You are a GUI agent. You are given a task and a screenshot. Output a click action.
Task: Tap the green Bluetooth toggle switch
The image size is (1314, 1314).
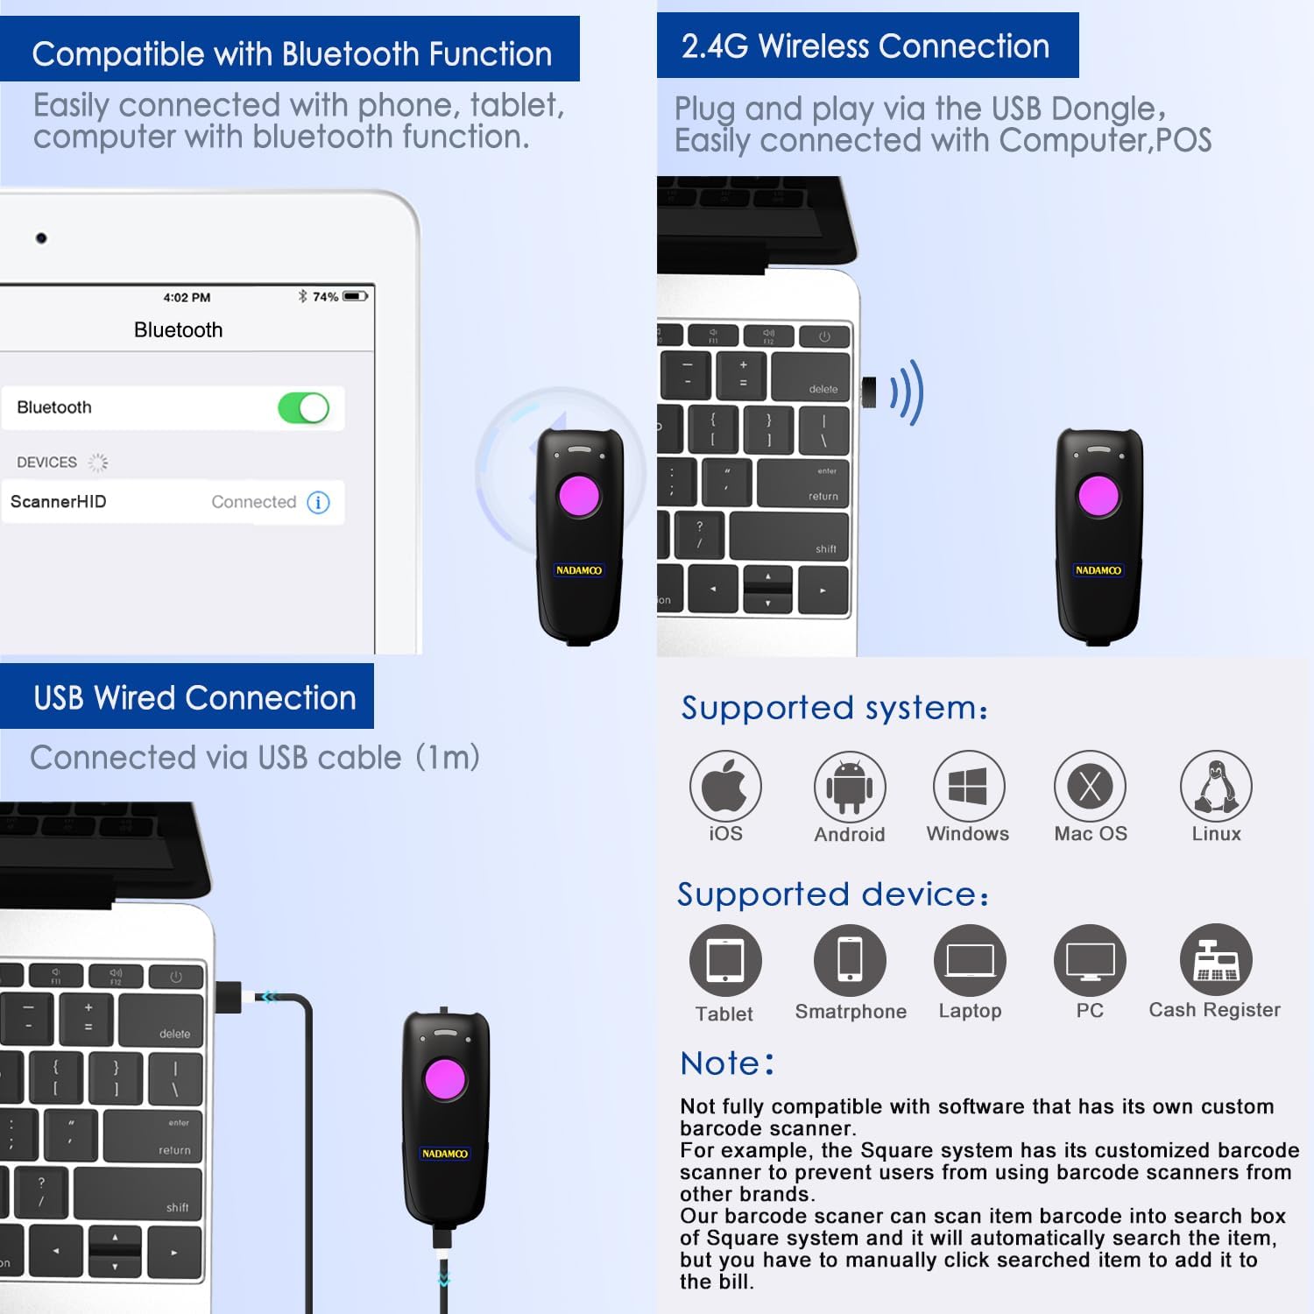pos(303,408)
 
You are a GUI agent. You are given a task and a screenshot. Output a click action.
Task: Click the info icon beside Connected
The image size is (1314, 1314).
pos(319,502)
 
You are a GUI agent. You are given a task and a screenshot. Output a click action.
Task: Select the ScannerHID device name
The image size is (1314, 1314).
pos(59,502)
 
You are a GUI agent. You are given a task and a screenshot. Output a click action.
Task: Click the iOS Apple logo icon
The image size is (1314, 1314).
pos(725,786)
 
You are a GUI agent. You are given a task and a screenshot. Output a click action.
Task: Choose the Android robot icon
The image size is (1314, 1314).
pos(849,786)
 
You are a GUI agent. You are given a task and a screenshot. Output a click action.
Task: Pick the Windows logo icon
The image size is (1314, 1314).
pos(968,786)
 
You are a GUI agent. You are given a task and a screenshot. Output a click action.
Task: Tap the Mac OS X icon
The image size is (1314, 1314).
pos(1090,786)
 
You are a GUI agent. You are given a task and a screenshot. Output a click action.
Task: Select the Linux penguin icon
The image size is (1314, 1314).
pos(1216,786)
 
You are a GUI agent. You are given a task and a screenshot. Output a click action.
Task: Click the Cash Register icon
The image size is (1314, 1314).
pos(1216,960)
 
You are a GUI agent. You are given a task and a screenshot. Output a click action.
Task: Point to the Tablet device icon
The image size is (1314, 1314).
pos(725,961)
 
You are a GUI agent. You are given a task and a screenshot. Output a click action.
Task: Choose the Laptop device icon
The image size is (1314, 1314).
pos(970,961)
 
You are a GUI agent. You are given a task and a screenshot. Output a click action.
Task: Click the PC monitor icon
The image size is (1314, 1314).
pos(1090,961)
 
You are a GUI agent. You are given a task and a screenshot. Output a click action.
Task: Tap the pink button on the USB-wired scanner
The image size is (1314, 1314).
pos(445,1079)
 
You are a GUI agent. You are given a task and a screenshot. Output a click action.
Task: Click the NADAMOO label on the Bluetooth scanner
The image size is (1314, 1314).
pos(579,570)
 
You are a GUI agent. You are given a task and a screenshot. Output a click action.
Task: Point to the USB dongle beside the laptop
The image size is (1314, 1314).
pos(869,392)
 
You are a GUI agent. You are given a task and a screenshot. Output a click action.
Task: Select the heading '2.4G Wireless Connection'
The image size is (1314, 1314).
pos(865,46)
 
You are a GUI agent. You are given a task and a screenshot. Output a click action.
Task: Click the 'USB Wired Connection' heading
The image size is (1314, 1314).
pos(194,698)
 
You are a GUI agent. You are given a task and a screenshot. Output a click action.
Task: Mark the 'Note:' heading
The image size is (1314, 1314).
pos(727,1063)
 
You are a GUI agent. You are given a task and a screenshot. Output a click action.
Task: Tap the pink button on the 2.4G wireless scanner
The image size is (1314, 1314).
pos(1099,496)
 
